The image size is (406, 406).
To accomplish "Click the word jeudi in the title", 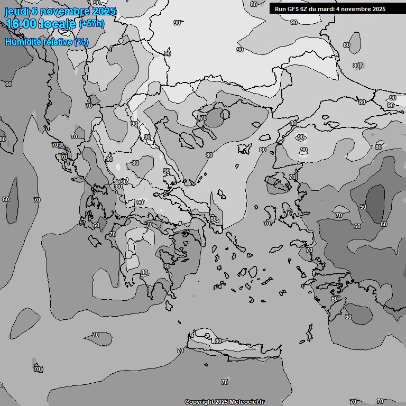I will click(x=16, y=11).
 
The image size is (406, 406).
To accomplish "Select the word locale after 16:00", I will click(x=60, y=24).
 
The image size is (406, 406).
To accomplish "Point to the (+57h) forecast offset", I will click(x=91, y=24).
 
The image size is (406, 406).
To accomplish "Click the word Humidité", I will click(x=23, y=42).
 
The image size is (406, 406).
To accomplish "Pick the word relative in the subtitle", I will click(x=57, y=42).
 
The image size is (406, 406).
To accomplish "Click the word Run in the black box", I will click(x=280, y=9).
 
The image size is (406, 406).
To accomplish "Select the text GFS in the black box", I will click(x=293, y=9).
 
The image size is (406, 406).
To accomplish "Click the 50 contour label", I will click(x=363, y=207).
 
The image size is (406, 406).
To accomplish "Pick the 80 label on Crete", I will click(x=218, y=341).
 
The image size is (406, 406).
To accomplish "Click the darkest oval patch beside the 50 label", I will click(x=376, y=202).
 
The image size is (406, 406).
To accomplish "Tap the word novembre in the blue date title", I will click(x=64, y=11).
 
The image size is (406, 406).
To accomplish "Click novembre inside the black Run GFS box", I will click(x=358, y=9).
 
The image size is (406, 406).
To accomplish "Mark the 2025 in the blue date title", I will click(x=104, y=11).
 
